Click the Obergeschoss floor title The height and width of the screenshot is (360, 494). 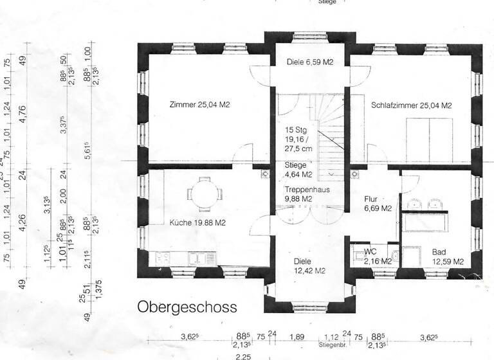[187, 307]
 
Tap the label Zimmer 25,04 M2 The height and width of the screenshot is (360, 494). [200, 105]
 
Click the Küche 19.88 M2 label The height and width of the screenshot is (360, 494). [197, 223]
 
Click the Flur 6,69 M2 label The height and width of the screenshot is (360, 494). [378, 203]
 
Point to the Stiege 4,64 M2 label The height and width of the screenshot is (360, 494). [298, 169]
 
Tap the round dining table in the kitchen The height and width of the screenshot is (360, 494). [205, 194]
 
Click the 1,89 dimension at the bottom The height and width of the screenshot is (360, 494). [297, 336]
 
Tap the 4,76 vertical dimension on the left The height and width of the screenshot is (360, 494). [24, 117]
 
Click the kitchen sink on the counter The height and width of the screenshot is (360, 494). [197, 259]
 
